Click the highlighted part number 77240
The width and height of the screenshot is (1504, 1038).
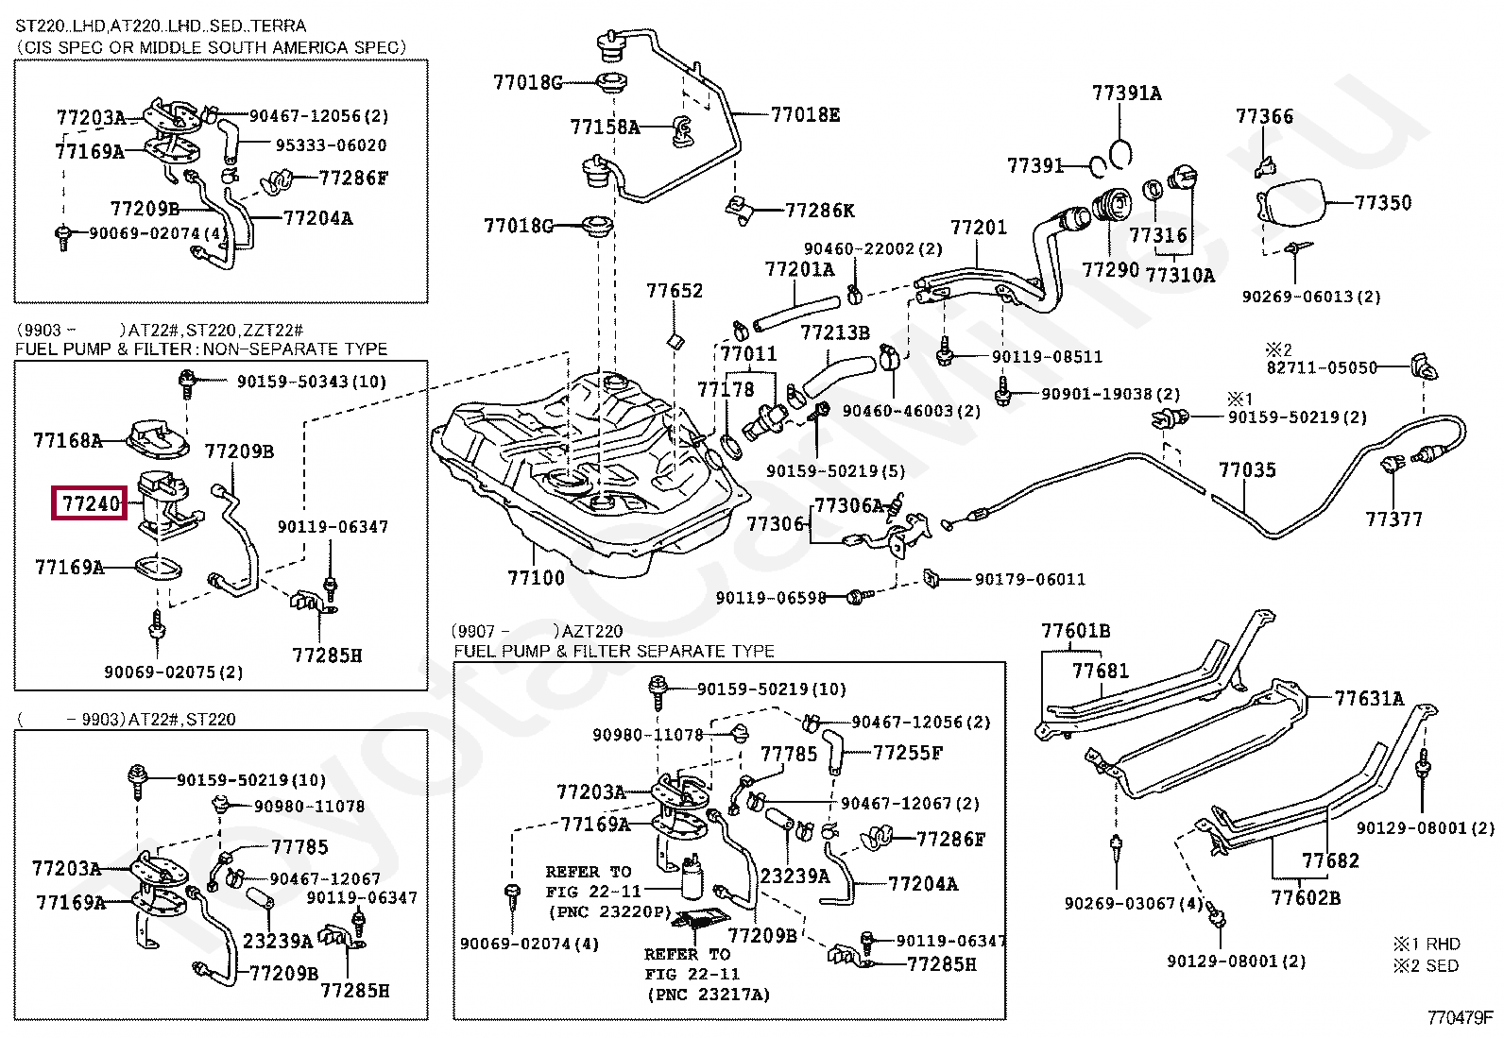90,503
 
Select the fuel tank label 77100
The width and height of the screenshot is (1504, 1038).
536,577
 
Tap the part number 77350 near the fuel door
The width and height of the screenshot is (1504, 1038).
1382,202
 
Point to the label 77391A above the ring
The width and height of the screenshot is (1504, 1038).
1126,93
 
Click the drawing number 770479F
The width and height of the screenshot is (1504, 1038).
1460,1017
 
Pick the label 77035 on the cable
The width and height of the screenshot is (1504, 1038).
1246,469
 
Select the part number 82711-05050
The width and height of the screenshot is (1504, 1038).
1322,367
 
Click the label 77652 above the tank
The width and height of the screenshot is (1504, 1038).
675,291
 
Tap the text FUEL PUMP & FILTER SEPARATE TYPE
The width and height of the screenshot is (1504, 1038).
614,651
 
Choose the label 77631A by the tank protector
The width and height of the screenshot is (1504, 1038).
1369,698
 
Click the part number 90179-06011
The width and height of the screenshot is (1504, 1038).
1030,579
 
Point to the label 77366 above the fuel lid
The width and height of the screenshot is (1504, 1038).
1264,116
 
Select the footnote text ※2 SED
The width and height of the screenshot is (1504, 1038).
1426,965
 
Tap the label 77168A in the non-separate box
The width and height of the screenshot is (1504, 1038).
67,440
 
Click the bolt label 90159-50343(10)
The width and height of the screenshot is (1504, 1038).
311,382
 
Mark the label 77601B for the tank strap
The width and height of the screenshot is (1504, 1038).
1075,630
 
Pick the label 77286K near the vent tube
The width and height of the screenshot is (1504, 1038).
819,210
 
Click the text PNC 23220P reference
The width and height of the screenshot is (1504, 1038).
609,911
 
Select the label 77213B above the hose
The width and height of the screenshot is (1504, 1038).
834,332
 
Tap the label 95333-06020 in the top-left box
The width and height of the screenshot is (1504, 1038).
331,145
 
